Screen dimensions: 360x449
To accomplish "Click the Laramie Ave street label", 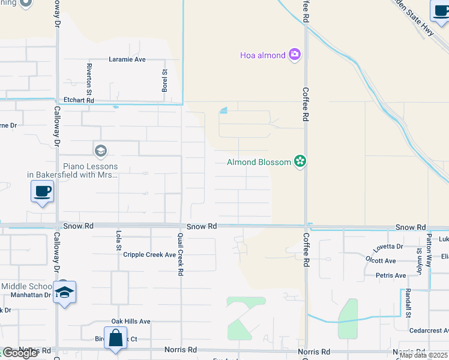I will (x=127, y=59).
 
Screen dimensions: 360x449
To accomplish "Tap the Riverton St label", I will (x=88, y=79).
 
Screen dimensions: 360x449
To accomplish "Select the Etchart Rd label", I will (x=79, y=101).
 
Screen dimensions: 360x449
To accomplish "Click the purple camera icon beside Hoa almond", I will (x=295, y=55).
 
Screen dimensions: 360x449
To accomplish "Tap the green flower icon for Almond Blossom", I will (x=300, y=162).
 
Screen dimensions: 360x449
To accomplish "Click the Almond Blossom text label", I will (x=259, y=162).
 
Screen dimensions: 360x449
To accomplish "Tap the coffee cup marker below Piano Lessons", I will (x=42, y=192).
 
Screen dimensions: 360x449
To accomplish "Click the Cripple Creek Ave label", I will (x=149, y=254).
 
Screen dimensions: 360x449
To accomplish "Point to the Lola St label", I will (x=118, y=240).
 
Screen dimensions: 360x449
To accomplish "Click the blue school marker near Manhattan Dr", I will (x=65, y=292).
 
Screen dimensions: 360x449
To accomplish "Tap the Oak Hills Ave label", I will (x=130, y=322).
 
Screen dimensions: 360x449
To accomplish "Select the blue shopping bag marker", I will (x=115, y=338).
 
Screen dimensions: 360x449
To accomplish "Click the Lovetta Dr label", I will (x=388, y=247).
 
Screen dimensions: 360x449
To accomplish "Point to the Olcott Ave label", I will (x=381, y=260).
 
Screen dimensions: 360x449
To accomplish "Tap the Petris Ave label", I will (x=391, y=275).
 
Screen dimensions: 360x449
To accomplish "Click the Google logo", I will (x=20, y=353).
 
